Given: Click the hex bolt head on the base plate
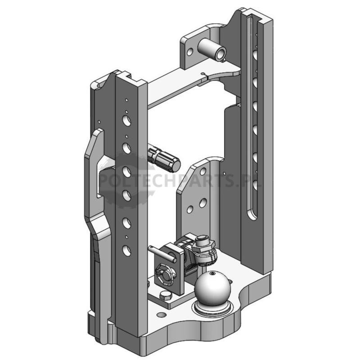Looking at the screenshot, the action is [166, 296].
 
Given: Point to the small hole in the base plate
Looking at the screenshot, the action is [162, 314].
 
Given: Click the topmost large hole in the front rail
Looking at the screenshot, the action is [126, 121].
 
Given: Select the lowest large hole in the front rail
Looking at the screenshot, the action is [126, 251].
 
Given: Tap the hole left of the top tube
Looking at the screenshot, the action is [190, 52].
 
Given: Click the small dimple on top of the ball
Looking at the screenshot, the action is [213, 273].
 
